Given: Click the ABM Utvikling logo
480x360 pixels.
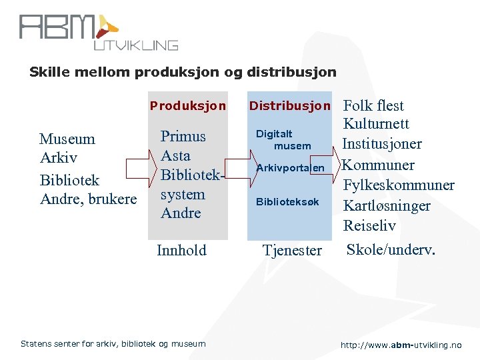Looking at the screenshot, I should [98, 31].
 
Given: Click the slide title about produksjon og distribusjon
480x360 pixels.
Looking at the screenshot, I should [183, 72].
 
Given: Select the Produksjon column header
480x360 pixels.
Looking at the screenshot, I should [187, 105].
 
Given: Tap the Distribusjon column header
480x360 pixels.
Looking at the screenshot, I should [289, 105].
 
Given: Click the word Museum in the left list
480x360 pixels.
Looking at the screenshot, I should [67, 139].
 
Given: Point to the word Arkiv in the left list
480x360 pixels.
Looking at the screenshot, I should [59, 159].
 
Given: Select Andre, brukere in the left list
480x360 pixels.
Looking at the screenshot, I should [88, 199].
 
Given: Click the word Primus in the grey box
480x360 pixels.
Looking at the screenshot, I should [183, 136].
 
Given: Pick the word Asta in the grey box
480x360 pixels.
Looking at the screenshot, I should [176, 155].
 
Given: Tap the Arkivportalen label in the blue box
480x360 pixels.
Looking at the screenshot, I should [291, 168].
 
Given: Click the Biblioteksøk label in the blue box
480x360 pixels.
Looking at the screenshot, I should [288, 201].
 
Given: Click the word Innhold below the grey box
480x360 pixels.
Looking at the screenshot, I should [181, 250].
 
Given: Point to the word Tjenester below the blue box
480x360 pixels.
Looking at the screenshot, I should [292, 250].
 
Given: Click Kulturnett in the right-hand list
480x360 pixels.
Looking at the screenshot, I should [376, 124].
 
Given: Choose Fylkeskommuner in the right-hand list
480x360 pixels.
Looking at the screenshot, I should [399, 185].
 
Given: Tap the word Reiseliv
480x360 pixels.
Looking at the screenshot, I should [369, 225].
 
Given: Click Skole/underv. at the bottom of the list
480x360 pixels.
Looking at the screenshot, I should [390, 250].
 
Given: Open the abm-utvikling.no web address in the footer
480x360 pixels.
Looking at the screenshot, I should [401, 345].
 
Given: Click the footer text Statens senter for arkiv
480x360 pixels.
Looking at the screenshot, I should [113, 343].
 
